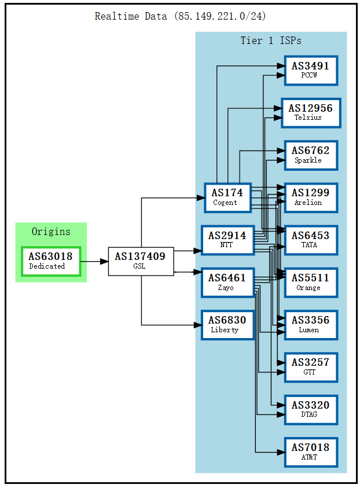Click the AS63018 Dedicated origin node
(50, 261)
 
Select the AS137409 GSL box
(141, 261)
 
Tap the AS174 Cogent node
(227, 197)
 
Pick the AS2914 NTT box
(227, 240)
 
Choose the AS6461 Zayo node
(227, 282)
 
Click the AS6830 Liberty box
(227, 325)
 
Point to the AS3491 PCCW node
(311, 71)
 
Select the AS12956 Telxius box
(311, 113)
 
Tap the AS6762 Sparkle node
(311, 155)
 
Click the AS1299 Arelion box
(311, 197)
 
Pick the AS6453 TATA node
(311, 240)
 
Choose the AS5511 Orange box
(311, 282)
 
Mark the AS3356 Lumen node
(311, 325)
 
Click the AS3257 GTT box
(311, 367)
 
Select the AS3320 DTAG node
(311, 409)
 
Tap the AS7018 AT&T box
(311, 452)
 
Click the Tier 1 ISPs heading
(271, 41)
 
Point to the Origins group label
(51, 232)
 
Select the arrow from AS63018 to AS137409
(94, 262)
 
